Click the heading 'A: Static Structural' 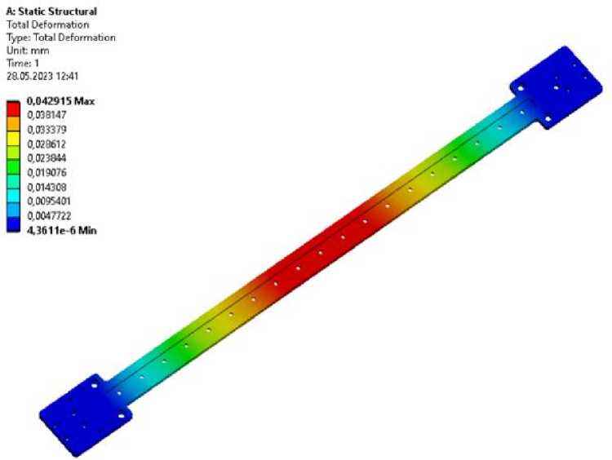tap(51, 11)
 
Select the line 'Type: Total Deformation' tap(61, 38)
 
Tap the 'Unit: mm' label tap(28, 51)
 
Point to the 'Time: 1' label tap(23, 63)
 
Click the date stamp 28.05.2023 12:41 tap(42, 76)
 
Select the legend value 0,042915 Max tap(60, 101)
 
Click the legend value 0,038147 tap(47, 115)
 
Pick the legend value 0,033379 tap(47, 130)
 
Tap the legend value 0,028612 tap(47, 144)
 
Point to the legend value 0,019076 tap(47, 172)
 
